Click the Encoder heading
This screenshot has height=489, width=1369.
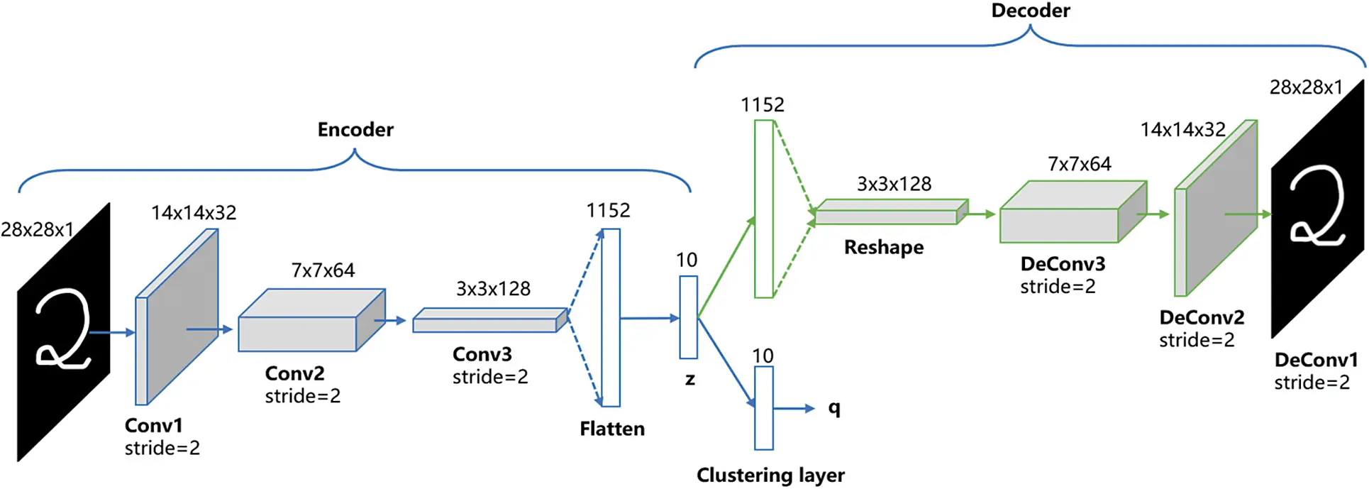(x=355, y=129)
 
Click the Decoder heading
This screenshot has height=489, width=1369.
(x=1030, y=11)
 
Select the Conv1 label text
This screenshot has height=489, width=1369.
(x=153, y=425)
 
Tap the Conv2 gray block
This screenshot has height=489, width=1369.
(x=298, y=334)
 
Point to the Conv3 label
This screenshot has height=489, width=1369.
(x=482, y=354)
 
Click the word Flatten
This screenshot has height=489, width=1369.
(x=611, y=429)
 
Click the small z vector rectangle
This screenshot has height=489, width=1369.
(x=688, y=317)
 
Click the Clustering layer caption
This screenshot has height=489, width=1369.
(x=770, y=475)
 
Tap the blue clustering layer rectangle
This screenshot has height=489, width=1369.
(x=763, y=407)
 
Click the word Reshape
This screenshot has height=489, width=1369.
(x=884, y=247)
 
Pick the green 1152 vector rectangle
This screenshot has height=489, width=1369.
(x=763, y=209)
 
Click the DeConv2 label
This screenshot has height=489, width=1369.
(x=1202, y=317)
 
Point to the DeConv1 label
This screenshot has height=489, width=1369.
(x=1316, y=360)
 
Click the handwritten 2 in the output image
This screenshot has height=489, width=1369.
(x=1317, y=206)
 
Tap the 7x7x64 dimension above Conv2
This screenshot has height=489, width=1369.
(x=323, y=270)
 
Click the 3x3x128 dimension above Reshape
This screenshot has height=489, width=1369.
(x=894, y=184)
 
